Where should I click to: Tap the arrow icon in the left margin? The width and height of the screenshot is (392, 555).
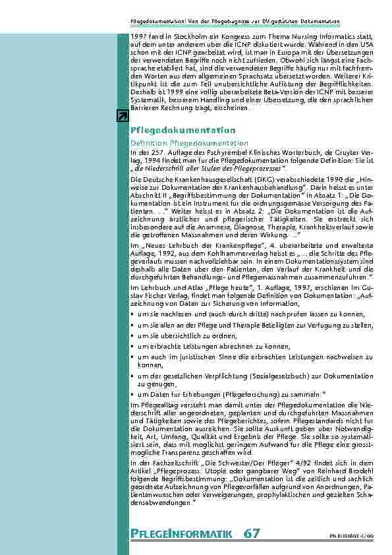point(122,117)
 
